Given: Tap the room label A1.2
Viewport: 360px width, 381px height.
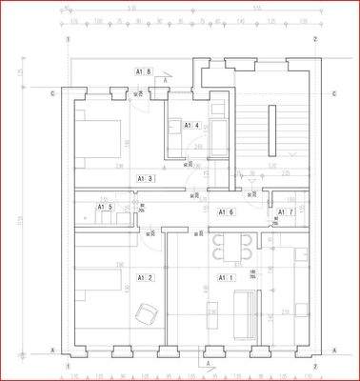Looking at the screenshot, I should pos(145,278).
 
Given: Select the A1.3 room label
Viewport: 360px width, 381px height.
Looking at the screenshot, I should pos(145,178).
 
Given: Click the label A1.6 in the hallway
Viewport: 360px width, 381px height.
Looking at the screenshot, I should pos(227,211).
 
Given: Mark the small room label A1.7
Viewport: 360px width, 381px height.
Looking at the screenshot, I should pos(284,211).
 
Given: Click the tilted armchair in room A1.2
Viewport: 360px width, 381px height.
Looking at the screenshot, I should pos(146,311).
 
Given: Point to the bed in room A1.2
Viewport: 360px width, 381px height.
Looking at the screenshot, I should pos(99,283).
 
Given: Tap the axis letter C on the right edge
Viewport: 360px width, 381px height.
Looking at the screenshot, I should pos(334,93).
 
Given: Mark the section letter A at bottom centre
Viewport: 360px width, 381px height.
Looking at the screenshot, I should pos(208,364).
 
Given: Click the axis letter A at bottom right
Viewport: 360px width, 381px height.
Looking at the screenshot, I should pos(335,350).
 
